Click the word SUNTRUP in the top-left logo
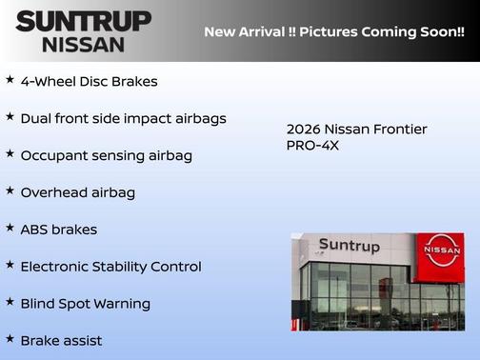pos(83,20)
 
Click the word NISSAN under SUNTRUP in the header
pos(83,44)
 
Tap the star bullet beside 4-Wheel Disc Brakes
pos(10,79)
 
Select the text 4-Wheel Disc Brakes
pos(89,82)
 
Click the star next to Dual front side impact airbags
pos(10,116)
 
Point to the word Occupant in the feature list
pos(53,155)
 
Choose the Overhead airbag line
pos(77,192)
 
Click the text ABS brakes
pos(58,230)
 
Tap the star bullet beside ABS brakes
pos(10,228)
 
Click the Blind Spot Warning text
pos(85,304)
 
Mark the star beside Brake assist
pos(10,338)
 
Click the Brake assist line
pos(61,340)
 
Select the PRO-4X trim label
pos(312,146)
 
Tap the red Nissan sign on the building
pos(441,250)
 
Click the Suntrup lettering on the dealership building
pos(349,247)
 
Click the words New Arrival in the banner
pos(243,31)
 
